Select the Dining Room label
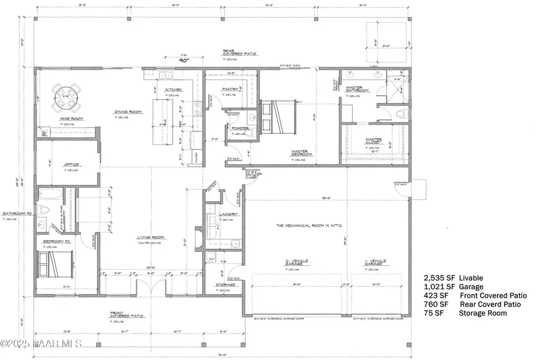pyautogui.click(x=128, y=112)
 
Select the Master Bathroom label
pyautogui.click(x=358, y=89)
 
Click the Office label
pyautogui.click(x=72, y=164)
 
